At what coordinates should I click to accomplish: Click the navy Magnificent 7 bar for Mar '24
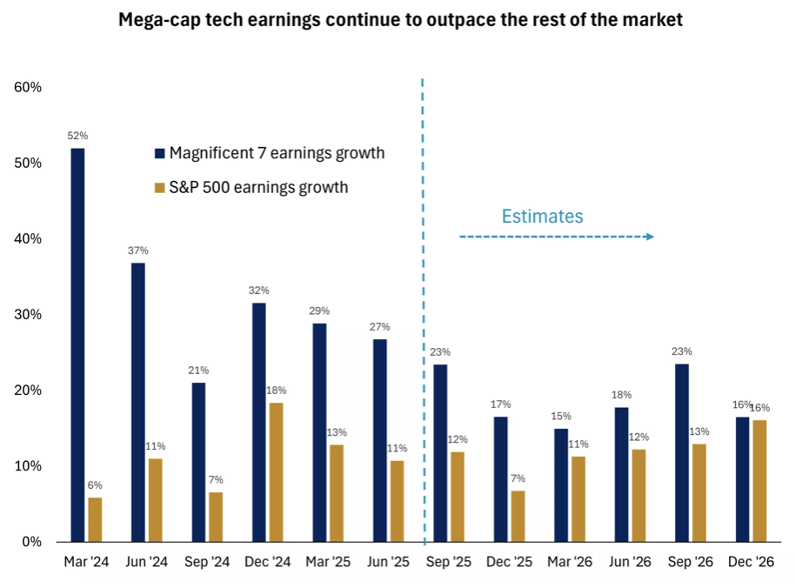click(x=78, y=344)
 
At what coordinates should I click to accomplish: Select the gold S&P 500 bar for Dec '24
click(x=276, y=471)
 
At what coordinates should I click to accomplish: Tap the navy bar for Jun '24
click(x=138, y=402)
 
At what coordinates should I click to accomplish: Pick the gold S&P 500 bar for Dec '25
click(x=518, y=516)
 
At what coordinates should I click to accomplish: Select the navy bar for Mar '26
click(x=561, y=484)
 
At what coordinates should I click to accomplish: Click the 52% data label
click(x=78, y=137)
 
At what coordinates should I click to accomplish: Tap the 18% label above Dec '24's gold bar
click(x=276, y=391)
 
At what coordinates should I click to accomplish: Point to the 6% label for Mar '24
click(x=95, y=485)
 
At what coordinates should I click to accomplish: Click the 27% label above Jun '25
click(x=379, y=327)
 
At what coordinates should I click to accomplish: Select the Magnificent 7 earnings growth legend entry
click(x=269, y=154)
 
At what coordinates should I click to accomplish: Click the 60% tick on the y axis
click(x=28, y=88)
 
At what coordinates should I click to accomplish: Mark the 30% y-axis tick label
click(x=28, y=315)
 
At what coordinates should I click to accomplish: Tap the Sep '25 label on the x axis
click(x=450, y=562)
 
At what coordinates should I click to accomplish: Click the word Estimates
click(x=543, y=217)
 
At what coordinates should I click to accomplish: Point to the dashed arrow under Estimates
click(x=557, y=237)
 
